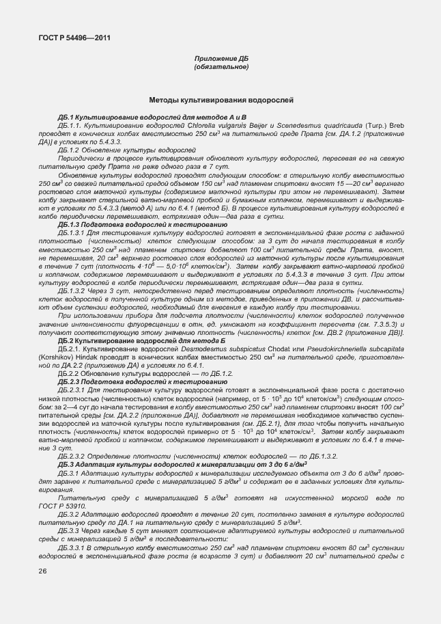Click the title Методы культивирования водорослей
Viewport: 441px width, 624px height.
[x=221, y=100]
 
